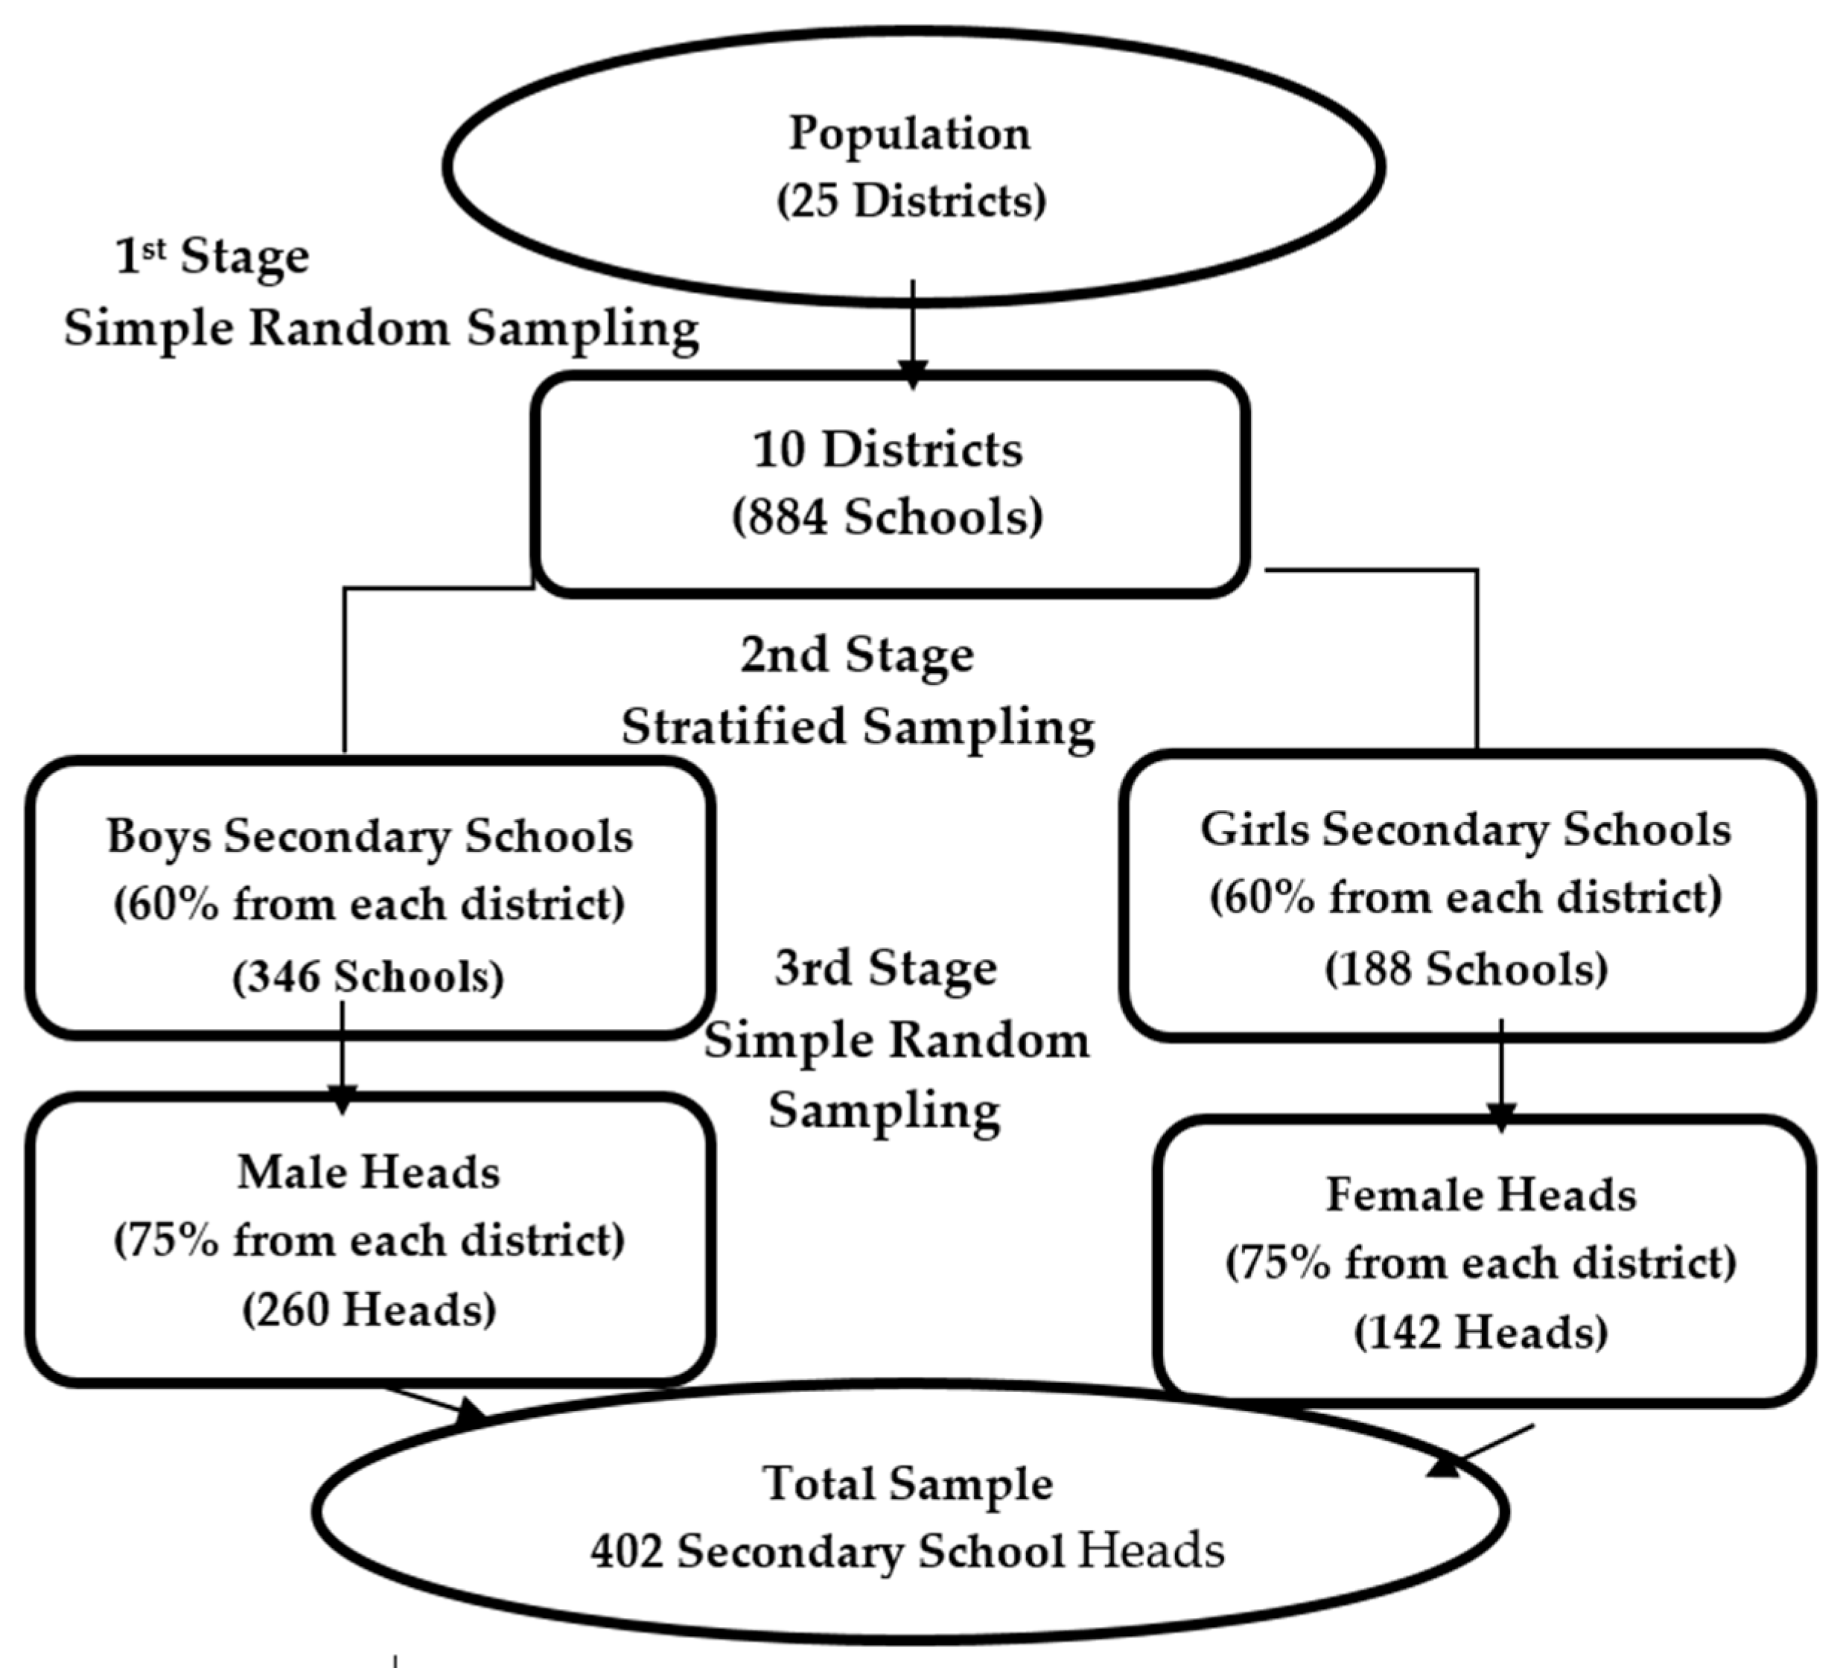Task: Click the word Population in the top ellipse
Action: point(909,134)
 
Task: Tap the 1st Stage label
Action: point(212,256)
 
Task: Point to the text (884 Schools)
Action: point(888,517)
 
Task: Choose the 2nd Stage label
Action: point(856,655)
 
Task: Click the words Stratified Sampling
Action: point(858,727)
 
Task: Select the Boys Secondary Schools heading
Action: point(369,836)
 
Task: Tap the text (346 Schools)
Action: point(368,977)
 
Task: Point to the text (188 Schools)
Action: point(1465,969)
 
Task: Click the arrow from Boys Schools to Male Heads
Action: point(342,1057)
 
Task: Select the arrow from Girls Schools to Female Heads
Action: point(1500,1075)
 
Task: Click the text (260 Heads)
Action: point(369,1310)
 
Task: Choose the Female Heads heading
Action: point(1481,1194)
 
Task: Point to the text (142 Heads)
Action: point(1481,1333)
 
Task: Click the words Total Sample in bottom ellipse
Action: point(908,1483)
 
